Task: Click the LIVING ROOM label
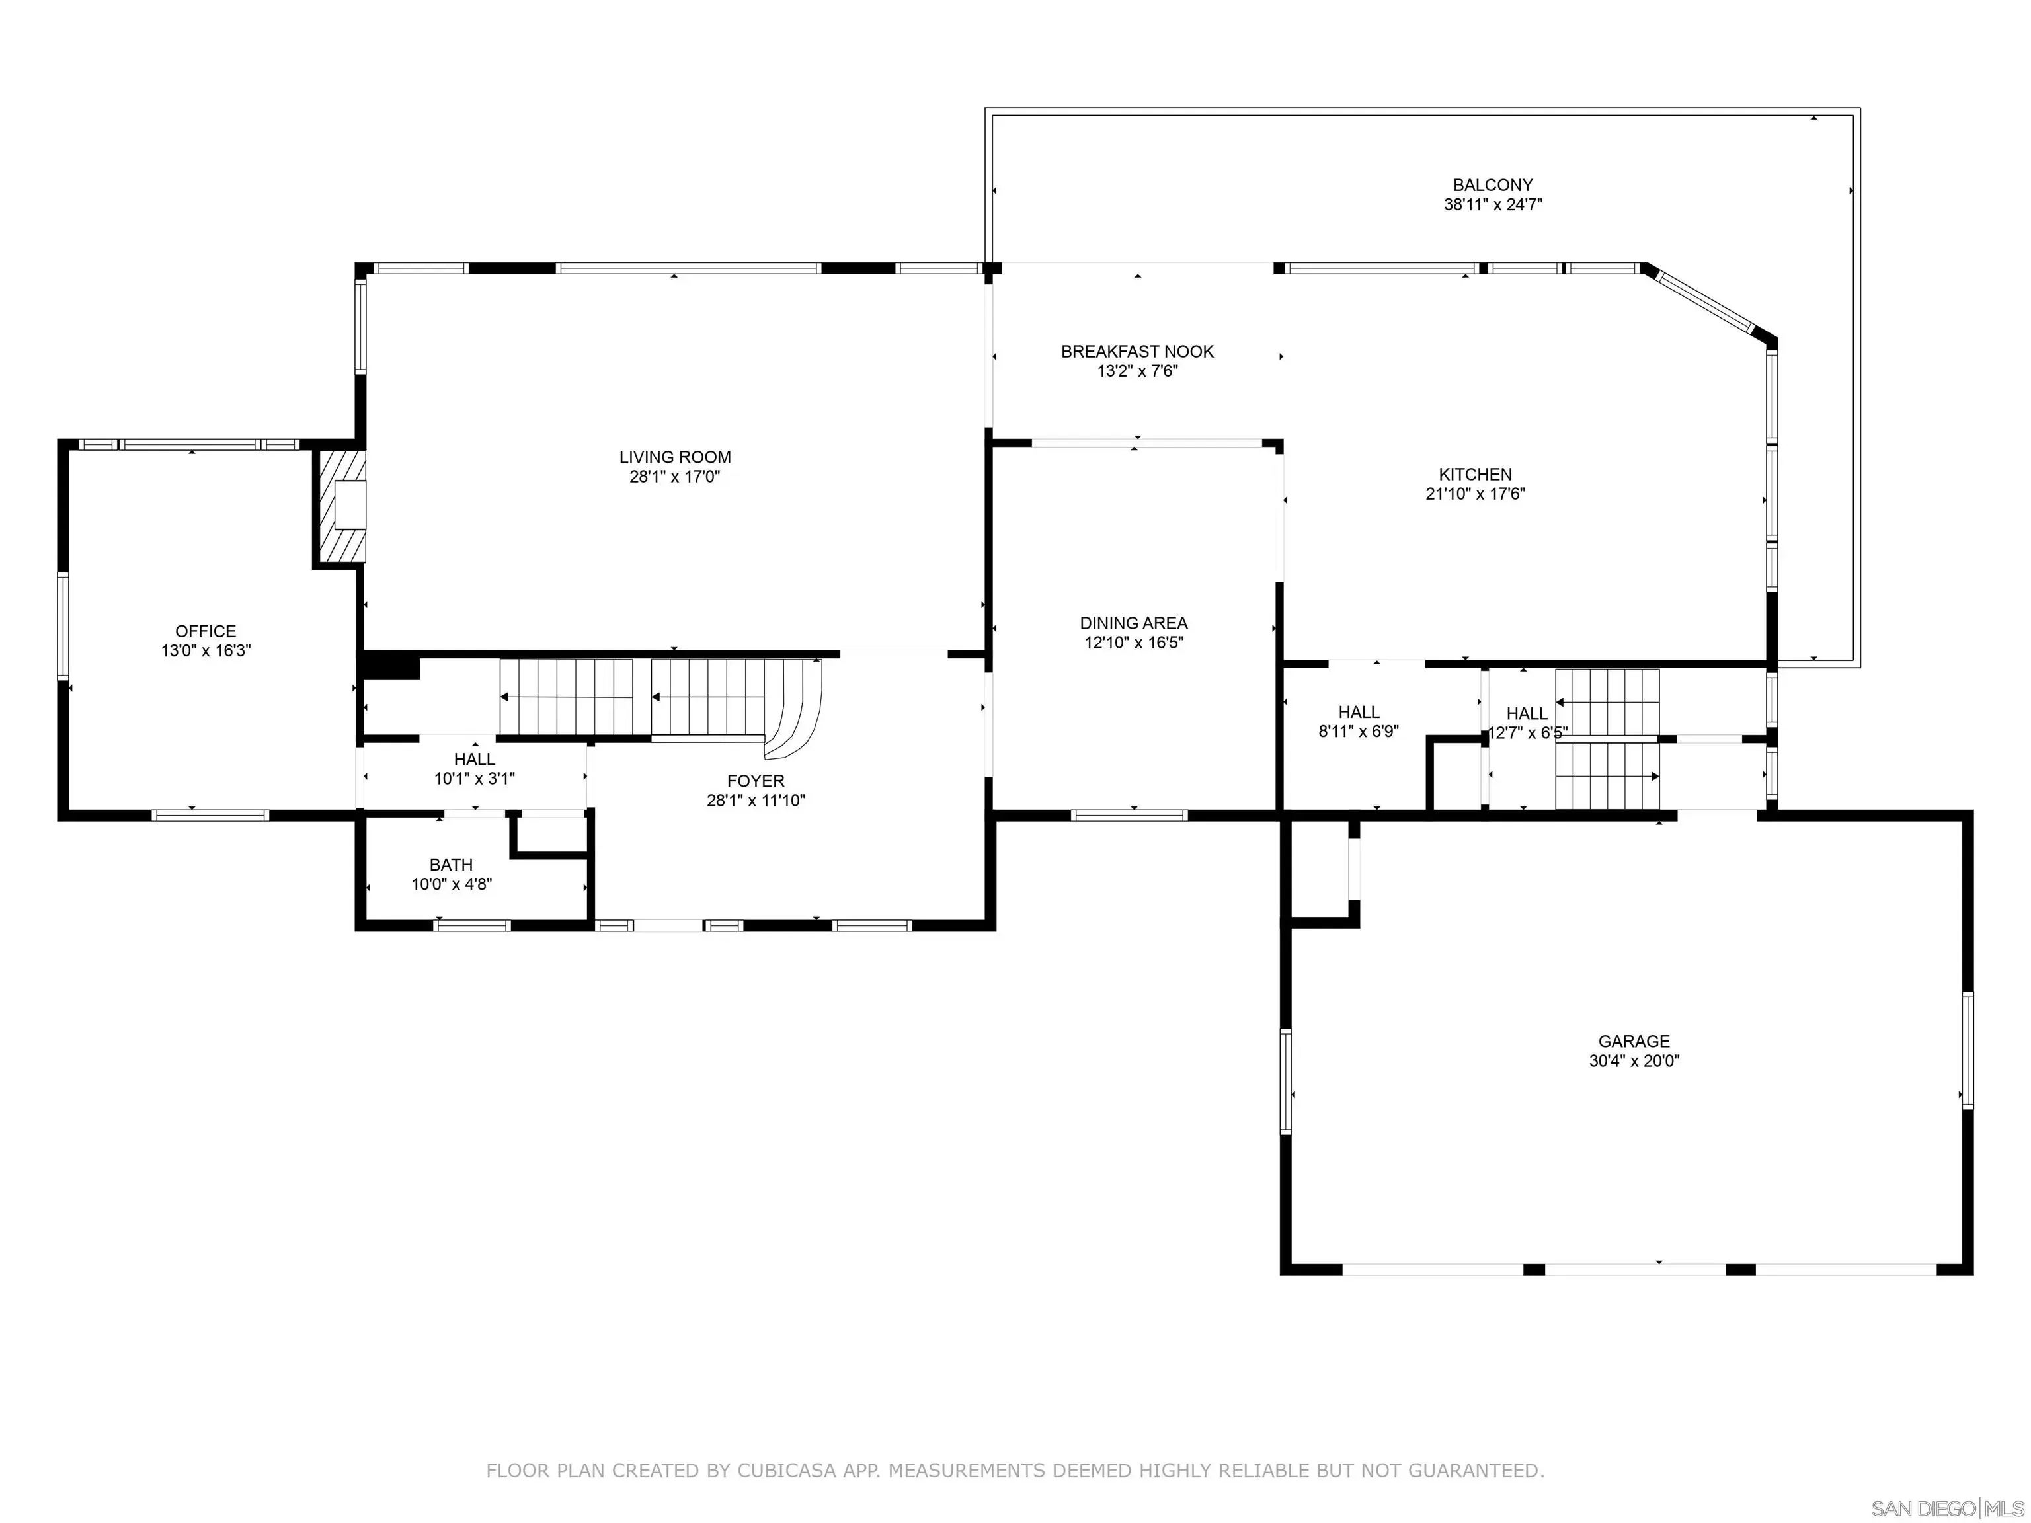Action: tap(675, 457)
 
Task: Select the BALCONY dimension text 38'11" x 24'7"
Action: tap(1493, 205)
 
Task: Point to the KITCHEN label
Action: tap(1476, 475)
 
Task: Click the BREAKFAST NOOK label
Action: tap(1138, 352)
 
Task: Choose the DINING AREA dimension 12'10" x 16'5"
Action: tap(1134, 643)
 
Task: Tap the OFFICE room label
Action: tap(206, 631)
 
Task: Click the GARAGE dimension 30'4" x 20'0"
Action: tap(1634, 1061)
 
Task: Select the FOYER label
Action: tap(756, 781)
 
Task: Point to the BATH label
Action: tap(451, 865)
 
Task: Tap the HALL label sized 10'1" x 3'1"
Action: tap(475, 760)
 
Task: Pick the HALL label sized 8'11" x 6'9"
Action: tap(1359, 713)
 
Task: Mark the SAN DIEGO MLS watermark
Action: tap(1948, 1509)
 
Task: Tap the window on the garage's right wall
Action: tap(1967, 1050)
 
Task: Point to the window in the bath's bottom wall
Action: tap(472, 925)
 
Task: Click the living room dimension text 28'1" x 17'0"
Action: tap(675, 477)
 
